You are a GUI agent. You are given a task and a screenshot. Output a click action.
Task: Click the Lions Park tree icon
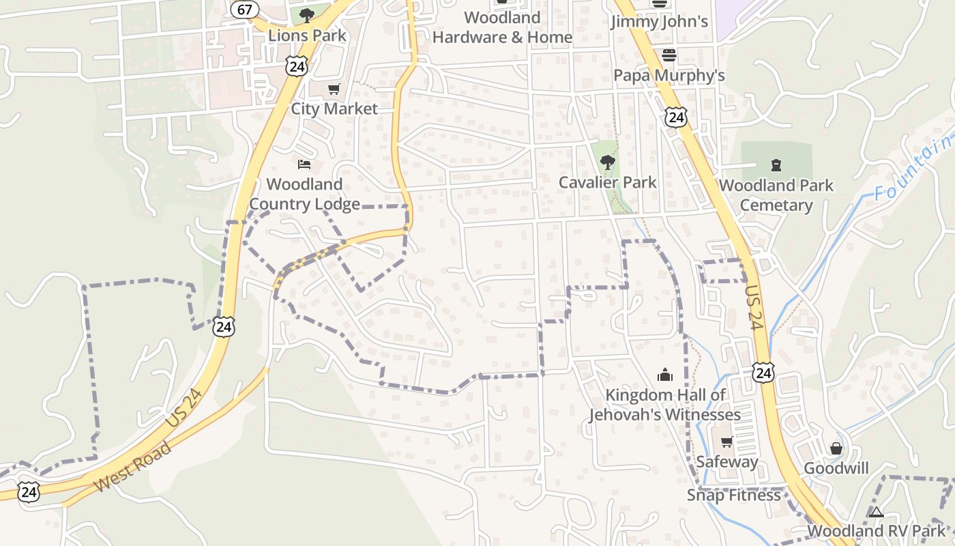coord(307,14)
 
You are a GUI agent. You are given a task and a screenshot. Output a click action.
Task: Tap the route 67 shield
coord(244,9)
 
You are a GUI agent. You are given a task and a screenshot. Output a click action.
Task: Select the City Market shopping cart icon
coord(334,89)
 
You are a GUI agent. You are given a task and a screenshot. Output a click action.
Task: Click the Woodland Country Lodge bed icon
coord(304,164)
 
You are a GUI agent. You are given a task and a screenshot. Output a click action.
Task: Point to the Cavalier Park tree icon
coord(607,162)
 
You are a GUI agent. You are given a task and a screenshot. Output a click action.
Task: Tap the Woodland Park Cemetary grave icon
coord(776,164)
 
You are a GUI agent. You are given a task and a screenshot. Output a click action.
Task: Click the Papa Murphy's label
coord(669,75)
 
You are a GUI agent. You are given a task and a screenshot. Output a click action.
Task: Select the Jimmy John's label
coord(659,21)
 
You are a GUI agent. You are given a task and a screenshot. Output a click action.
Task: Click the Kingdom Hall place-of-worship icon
coord(664,374)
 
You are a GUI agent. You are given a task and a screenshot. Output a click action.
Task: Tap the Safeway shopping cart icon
coord(726,442)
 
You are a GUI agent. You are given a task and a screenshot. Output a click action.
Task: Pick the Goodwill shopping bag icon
coord(836,448)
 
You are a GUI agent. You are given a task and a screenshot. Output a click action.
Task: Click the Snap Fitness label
coord(733,495)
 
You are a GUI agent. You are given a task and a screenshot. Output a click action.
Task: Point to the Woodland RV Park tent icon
coord(877,512)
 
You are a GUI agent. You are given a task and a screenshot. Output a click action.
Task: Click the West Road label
coord(134,467)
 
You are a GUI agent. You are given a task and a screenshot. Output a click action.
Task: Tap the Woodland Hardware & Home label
coord(502,27)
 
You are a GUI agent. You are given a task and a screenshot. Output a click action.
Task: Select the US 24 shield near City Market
coord(297,66)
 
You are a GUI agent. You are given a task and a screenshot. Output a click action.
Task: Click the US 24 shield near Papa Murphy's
coord(676,117)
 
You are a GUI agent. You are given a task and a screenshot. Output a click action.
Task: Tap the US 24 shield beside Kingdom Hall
coord(764,373)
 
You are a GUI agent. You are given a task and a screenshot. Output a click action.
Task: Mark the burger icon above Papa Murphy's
coord(668,55)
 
